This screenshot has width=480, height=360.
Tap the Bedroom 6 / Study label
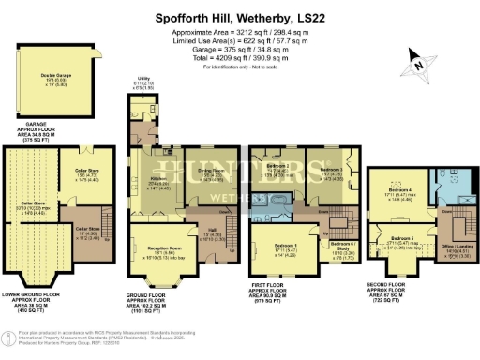(338, 250)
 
